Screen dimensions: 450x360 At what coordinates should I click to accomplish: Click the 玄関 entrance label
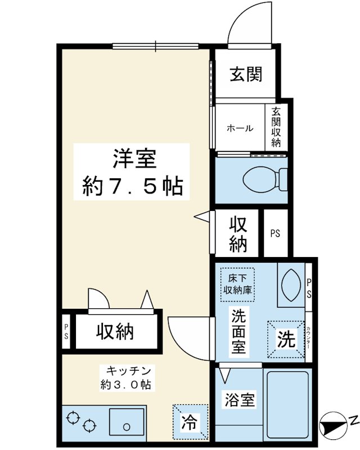[246, 74]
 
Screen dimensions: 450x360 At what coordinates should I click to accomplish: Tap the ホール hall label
[240, 128]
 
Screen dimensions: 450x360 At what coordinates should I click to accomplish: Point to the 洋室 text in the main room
[134, 159]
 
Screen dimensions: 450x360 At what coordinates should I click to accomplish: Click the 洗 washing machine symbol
[286, 339]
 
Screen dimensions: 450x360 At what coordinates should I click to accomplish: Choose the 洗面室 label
[238, 332]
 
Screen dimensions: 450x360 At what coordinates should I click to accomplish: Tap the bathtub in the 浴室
[287, 404]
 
